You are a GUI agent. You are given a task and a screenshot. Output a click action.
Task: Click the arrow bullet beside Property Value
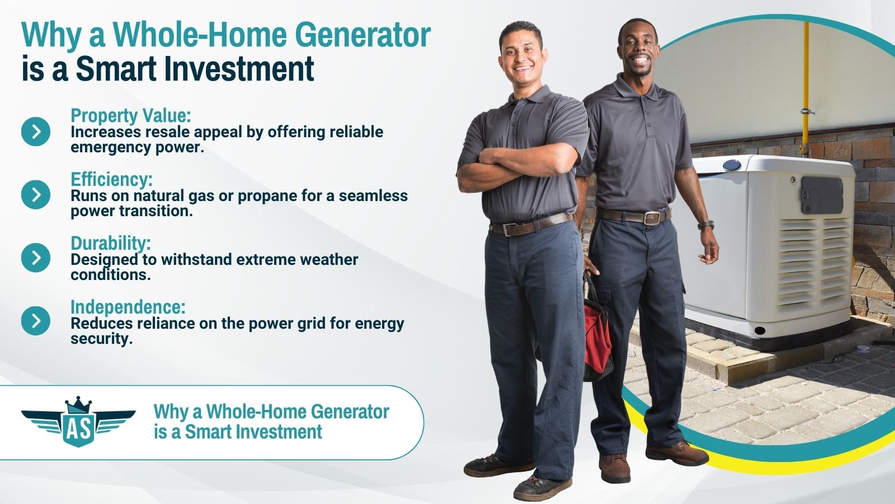coord(36,131)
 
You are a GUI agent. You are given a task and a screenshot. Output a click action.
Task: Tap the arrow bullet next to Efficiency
coord(36,194)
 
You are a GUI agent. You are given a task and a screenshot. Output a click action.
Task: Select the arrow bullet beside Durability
coord(36,258)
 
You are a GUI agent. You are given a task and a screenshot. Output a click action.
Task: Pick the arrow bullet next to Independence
coord(36,321)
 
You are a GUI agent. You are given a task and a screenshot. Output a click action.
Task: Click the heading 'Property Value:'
coord(131,115)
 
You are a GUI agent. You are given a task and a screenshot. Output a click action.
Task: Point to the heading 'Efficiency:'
coord(111,179)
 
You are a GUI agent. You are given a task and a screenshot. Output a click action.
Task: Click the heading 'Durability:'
coord(111,243)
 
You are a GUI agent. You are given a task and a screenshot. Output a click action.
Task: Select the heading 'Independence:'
coord(128,307)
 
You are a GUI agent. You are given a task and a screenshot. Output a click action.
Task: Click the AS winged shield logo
coord(78,422)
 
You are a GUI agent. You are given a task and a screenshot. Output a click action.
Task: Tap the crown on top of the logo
coord(78,404)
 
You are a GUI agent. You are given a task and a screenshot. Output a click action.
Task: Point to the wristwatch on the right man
coord(706,225)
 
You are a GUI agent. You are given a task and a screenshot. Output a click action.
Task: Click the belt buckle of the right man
coord(652,218)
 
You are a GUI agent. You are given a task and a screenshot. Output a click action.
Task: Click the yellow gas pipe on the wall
coord(805,88)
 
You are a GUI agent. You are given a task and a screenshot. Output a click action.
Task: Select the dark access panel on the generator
coord(822,195)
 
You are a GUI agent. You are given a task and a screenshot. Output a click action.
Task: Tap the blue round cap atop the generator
coord(732,165)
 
